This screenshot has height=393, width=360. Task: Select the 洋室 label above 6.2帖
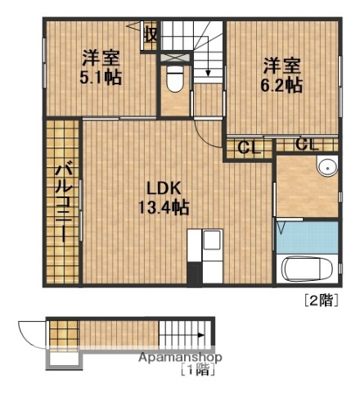(282, 65)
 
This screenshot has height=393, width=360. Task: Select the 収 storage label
(151, 34)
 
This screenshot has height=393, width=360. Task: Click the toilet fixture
(173, 79)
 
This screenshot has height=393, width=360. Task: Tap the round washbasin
(328, 166)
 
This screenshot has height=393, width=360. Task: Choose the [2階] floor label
(321, 300)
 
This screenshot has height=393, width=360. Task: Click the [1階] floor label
(197, 370)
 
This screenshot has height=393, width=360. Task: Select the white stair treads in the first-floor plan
(184, 334)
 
